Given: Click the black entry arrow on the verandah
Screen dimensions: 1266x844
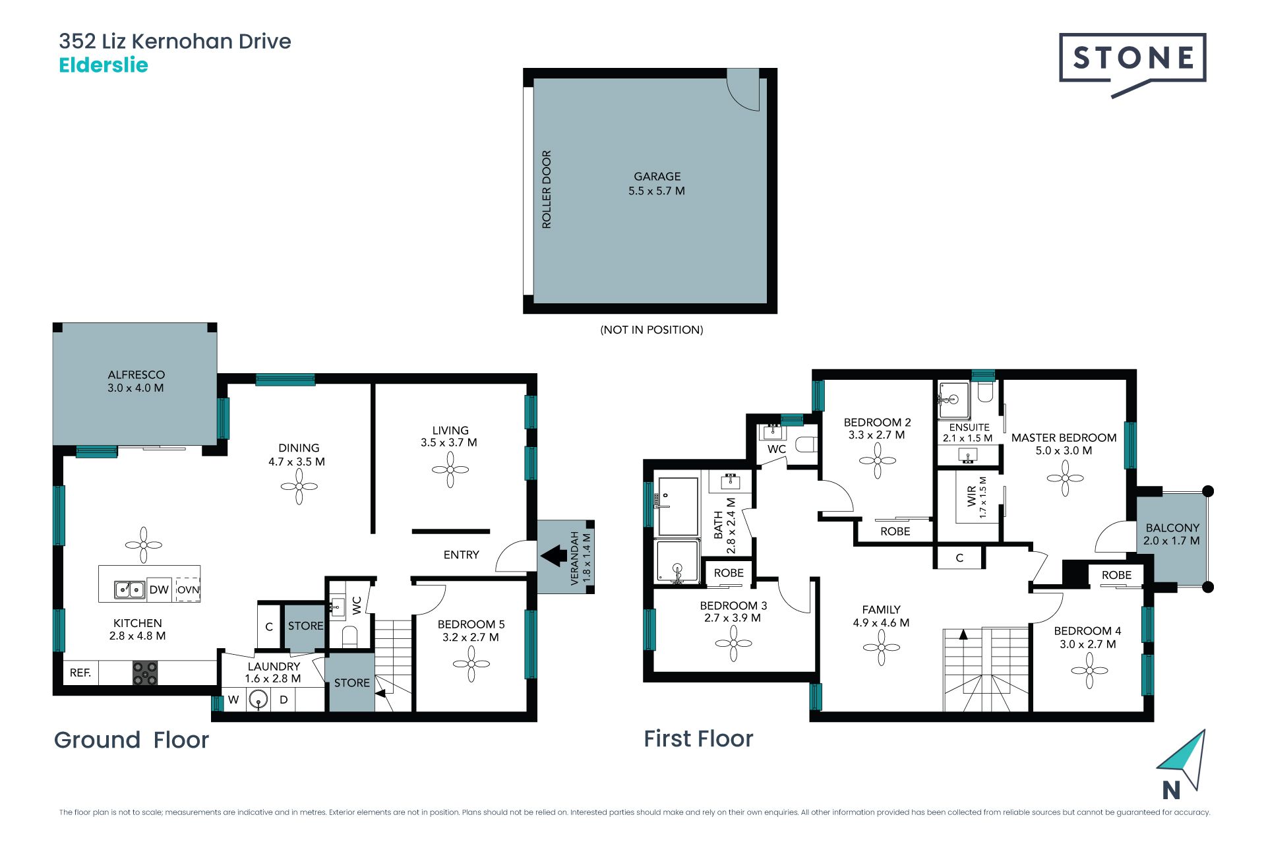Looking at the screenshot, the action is pyautogui.click(x=553, y=555).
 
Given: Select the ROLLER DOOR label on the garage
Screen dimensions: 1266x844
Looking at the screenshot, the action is pyautogui.click(x=547, y=189).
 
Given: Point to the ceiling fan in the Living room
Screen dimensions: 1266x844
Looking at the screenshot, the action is pyautogui.click(x=450, y=470).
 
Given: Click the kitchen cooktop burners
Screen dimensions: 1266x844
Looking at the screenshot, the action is pyautogui.click(x=145, y=673).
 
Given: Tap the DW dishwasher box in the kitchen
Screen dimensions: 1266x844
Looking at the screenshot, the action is pyautogui.click(x=159, y=589).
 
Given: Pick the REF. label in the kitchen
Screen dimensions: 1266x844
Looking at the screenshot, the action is pyautogui.click(x=80, y=673).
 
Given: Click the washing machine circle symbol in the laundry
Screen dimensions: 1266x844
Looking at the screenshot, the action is pyautogui.click(x=258, y=700).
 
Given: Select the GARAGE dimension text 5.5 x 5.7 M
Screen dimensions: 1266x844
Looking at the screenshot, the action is pyautogui.click(x=657, y=191).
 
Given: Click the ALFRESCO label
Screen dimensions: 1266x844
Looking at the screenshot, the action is pyautogui.click(x=136, y=375).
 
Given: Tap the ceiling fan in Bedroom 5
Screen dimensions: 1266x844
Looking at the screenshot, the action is pyautogui.click(x=471, y=663).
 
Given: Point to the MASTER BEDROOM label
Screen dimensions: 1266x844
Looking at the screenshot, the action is pyautogui.click(x=1064, y=438).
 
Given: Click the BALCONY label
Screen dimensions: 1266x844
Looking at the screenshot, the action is pyautogui.click(x=1172, y=528).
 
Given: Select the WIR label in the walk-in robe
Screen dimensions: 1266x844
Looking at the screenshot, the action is pyautogui.click(x=971, y=496).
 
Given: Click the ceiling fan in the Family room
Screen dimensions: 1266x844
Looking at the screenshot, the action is pyautogui.click(x=882, y=648).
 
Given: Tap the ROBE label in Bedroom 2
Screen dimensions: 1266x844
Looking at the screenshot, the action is pyautogui.click(x=895, y=531).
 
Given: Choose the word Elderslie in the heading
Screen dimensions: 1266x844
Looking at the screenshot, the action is pyautogui.click(x=104, y=65).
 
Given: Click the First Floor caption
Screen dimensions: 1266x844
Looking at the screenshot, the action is pyautogui.click(x=698, y=738).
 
